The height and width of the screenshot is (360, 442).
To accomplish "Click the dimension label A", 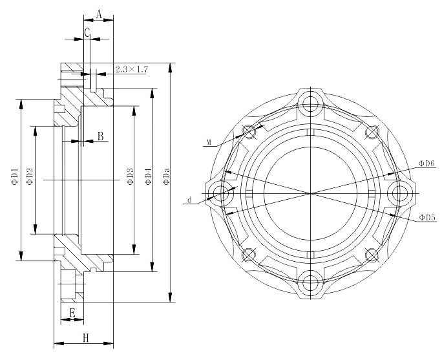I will [99, 14].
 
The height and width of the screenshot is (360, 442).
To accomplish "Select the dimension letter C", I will [87, 32].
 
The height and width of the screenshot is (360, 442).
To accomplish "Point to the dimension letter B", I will [100, 136].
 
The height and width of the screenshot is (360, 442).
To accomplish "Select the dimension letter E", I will [72, 313].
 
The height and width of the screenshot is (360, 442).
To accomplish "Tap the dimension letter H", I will [85, 337].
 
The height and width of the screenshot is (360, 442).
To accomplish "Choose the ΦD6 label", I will [426, 164].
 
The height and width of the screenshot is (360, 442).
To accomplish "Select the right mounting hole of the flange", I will [401, 192].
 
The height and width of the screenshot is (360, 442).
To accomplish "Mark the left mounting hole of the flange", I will [222, 192].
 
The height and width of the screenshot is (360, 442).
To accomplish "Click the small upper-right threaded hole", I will [372, 132].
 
